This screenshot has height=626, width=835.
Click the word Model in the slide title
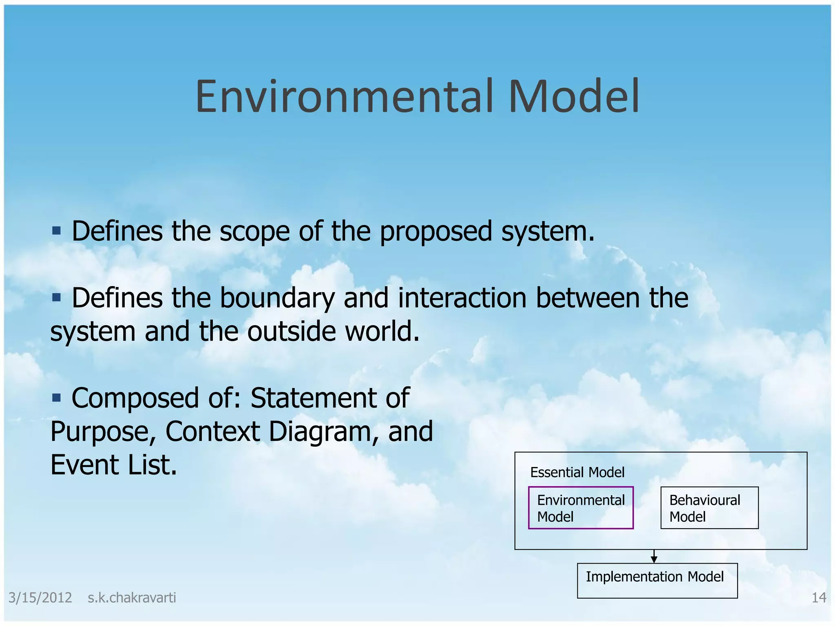[574, 97]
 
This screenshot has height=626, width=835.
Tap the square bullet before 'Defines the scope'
[56, 231]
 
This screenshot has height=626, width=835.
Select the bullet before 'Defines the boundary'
[56, 298]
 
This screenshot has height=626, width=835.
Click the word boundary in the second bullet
[277, 298]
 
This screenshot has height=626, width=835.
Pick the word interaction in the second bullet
[462, 298]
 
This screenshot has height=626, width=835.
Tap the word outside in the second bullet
[292, 332]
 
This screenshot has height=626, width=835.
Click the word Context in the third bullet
[212, 432]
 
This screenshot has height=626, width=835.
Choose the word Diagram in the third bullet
[324, 432]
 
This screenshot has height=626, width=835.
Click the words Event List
[113, 465]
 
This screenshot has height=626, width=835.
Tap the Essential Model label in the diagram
[577, 472]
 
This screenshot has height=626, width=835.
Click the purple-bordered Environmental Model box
[581, 508]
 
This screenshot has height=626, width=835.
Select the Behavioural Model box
[709, 508]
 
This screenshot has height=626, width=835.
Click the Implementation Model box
[657, 580]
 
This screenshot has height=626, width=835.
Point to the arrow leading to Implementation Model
[654, 557]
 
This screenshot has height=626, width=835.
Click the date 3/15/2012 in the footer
[40, 598]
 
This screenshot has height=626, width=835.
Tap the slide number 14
[819, 598]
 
